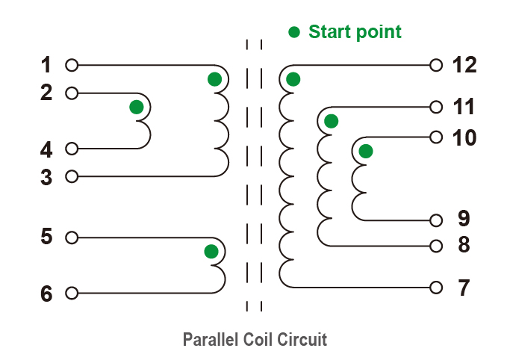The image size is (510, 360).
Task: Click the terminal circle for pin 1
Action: (x=72, y=66)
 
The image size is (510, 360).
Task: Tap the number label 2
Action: (x=46, y=93)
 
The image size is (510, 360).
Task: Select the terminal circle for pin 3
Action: (x=72, y=176)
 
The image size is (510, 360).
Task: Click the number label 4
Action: (x=46, y=150)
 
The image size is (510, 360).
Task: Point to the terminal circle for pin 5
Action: (x=72, y=238)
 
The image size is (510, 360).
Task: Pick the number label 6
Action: (x=46, y=294)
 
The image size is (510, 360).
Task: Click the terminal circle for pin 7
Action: (x=437, y=287)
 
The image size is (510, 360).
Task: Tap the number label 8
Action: (x=463, y=245)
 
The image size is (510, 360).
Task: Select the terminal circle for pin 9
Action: (x=437, y=220)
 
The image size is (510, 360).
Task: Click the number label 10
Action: (x=464, y=137)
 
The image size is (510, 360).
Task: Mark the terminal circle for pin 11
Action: (x=437, y=108)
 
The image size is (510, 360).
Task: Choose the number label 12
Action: (x=464, y=66)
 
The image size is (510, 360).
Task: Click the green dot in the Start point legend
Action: (x=294, y=32)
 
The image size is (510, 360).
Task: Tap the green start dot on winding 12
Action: (x=293, y=79)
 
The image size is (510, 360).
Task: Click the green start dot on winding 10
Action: (x=365, y=152)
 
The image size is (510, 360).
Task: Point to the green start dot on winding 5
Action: (x=211, y=251)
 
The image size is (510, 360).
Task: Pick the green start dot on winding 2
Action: (x=136, y=108)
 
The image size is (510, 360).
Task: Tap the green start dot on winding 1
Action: (x=214, y=79)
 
